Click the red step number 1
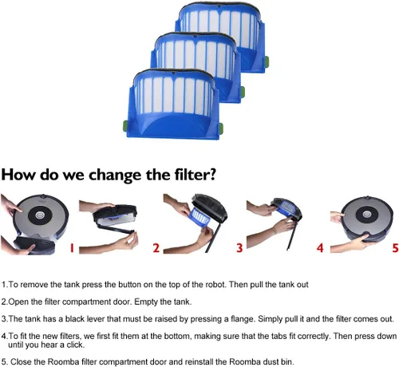[x=72, y=248]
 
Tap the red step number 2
[x=156, y=248]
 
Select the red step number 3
[x=239, y=248]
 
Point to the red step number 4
[x=320, y=248]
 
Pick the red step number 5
[x=395, y=248]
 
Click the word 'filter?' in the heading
[x=195, y=175]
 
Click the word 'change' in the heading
[x=115, y=175]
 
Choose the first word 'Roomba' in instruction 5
[x=63, y=362]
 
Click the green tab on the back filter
[x=267, y=62]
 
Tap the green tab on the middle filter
[x=243, y=92]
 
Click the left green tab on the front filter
[x=125, y=125]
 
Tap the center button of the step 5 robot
[x=367, y=214]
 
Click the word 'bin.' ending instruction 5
[x=287, y=362]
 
